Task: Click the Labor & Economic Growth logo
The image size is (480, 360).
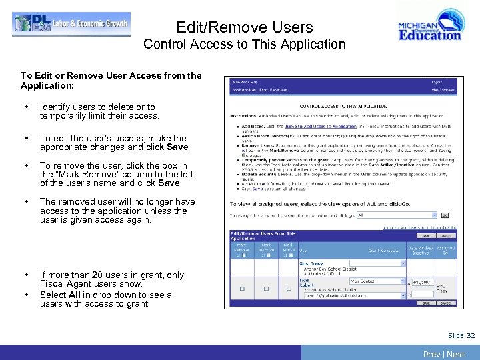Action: (71, 24)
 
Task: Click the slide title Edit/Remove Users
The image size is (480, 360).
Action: (245, 27)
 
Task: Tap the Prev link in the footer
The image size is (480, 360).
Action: (432, 354)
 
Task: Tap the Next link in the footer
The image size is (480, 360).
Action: (456, 354)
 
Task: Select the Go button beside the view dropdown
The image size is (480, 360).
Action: (445, 215)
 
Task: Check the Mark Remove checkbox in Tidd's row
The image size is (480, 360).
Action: (241, 289)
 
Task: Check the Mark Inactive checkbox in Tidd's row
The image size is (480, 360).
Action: (265, 289)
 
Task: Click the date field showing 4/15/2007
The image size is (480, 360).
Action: (422, 283)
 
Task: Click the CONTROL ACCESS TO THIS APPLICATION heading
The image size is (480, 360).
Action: (342, 106)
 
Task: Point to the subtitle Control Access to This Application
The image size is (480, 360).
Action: (245, 45)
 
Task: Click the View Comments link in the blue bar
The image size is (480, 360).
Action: (443, 89)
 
